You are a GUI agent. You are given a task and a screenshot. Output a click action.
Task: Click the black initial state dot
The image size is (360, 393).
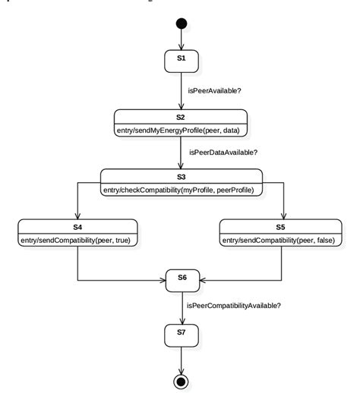click(x=181, y=24)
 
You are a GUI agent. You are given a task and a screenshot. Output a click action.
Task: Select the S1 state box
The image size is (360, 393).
click(x=181, y=58)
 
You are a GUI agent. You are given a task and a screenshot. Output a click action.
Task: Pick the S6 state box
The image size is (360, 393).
click(x=182, y=279)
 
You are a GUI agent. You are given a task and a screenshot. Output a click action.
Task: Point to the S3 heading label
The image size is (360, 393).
click(x=181, y=176)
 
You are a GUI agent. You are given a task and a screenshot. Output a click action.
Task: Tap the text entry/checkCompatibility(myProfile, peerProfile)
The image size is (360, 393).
click(x=182, y=188)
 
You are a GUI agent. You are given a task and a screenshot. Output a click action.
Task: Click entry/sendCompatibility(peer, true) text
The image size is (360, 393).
click(x=78, y=239)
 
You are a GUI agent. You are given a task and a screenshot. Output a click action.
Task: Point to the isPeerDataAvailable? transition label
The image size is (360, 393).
click(x=223, y=152)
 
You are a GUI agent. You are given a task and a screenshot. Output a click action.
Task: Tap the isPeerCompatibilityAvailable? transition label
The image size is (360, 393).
click(x=234, y=305)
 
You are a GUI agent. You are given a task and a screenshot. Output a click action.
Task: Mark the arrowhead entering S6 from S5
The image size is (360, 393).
click(x=202, y=281)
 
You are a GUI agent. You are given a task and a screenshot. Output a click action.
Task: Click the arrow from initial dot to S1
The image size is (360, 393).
click(x=181, y=39)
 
